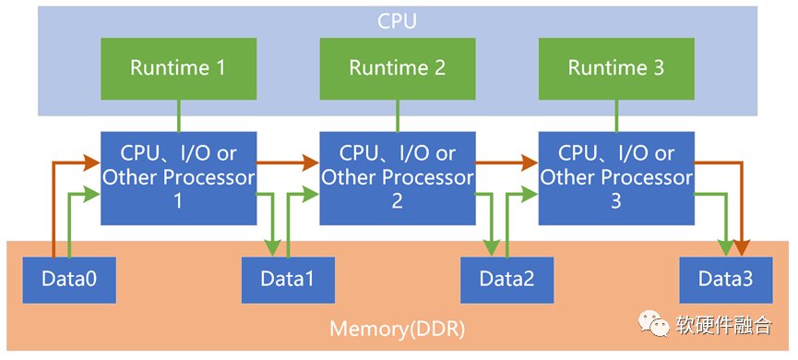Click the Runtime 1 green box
click(x=179, y=68)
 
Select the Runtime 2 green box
click(x=398, y=68)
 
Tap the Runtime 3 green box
click(x=616, y=68)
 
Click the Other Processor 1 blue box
click(x=179, y=178)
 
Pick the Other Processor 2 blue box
click(x=398, y=178)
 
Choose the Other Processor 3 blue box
click(x=616, y=178)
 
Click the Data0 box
click(x=69, y=280)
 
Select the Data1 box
click(x=288, y=280)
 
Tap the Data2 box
click(x=506, y=280)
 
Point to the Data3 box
click(x=726, y=280)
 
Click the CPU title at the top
click(x=398, y=21)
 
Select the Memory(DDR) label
click(x=398, y=329)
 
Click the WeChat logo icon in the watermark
click(x=654, y=324)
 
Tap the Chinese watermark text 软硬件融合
click(x=724, y=324)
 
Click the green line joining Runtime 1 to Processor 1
click(x=179, y=115)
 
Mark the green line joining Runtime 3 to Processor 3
click(x=616, y=115)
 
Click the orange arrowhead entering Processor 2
click(x=311, y=163)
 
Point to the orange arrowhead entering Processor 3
click(x=530, y=163)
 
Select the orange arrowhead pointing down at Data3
click(x=742, y=247)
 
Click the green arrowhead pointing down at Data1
click(x=273, y=247)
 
